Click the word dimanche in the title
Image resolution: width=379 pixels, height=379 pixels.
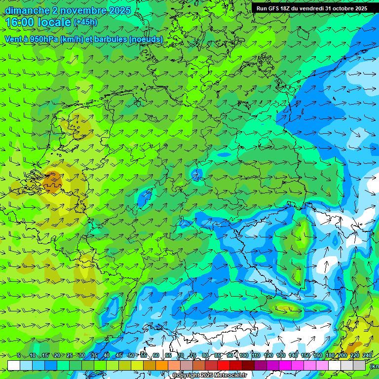[27, 10]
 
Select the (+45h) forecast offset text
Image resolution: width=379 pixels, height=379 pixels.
[85, 22]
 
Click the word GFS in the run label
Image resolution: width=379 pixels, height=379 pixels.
[275, 8]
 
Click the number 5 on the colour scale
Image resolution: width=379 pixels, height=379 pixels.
[19, 356]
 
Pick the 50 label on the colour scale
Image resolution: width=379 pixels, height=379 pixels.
[131, 356]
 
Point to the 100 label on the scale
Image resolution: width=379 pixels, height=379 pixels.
[243, 356]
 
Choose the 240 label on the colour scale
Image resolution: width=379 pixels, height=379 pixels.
[367, 356]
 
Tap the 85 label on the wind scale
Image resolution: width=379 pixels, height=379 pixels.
[218, 356]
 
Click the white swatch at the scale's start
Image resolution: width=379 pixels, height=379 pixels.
[14, 365]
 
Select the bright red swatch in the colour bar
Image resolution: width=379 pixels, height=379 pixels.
[224, 365]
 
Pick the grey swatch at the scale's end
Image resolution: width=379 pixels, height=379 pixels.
[359, 365]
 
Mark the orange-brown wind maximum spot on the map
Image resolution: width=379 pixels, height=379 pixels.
[51, 184]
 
